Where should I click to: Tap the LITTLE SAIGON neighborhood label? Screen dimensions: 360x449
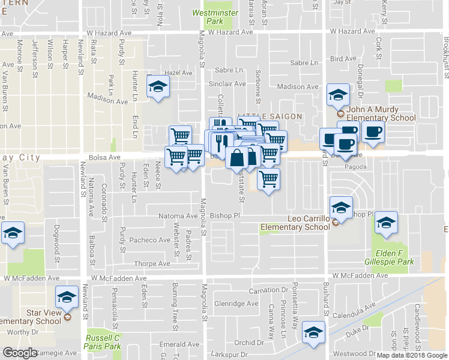pyautogui.click(x=269, y=116)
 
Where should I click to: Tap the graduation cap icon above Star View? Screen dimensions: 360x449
pyautogui.click(x=67, y=296)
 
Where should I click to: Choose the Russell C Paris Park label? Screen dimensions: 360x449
pyautogui.click(x=103, y=342)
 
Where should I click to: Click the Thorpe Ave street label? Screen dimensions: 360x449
pyautogui.click(x=152, y=263)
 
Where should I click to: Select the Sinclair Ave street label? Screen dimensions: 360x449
pyautogui.click(x=227, y=84)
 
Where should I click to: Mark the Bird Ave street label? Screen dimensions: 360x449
pyautogui.click(x=343, y=59)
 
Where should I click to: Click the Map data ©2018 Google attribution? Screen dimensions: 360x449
pyautogui.click(x=412, y=355)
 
